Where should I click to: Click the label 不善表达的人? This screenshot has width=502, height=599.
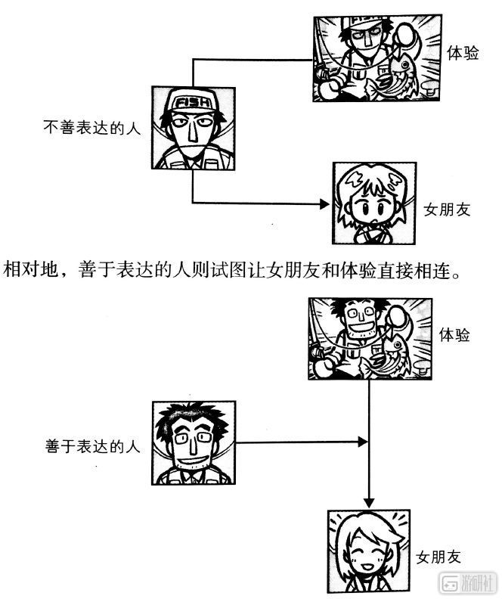click(92, 128)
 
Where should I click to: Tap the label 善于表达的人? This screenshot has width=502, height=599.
click(93, 446)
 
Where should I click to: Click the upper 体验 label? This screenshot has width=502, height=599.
click(463, 53)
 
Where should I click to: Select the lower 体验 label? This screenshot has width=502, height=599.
click(454, 334)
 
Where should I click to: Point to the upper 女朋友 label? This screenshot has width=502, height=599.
click(447, 209)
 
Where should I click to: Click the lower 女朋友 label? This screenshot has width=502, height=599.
click(438, 557)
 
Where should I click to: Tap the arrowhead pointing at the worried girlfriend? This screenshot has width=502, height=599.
click(324, 204)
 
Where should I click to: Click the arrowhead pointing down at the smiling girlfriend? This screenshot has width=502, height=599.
click(369, 503)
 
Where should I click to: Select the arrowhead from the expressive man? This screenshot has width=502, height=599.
click(363, 442)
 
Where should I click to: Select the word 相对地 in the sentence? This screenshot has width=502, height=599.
click(29, 269)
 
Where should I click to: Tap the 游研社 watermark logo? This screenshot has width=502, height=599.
click(469, 583)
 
